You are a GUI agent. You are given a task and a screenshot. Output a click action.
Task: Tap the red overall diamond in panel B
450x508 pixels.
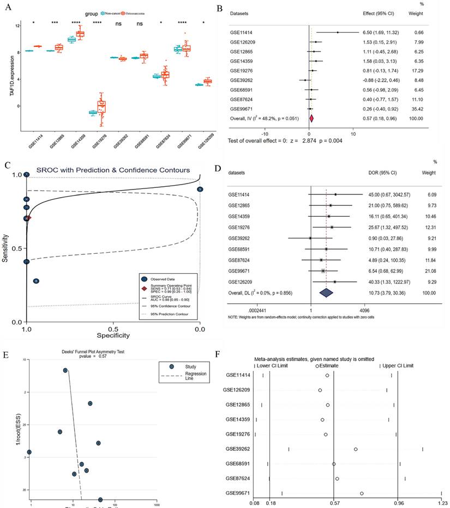click(311, 118)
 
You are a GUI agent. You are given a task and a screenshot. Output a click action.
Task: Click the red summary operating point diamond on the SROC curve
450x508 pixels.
click(29, 218)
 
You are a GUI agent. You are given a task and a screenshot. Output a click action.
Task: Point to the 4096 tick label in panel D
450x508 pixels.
click(365, 306)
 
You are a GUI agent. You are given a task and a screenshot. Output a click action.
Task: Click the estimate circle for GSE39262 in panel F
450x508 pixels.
click(356, 449)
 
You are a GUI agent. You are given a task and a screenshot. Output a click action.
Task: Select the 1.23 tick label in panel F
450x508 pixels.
click(440, 504)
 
